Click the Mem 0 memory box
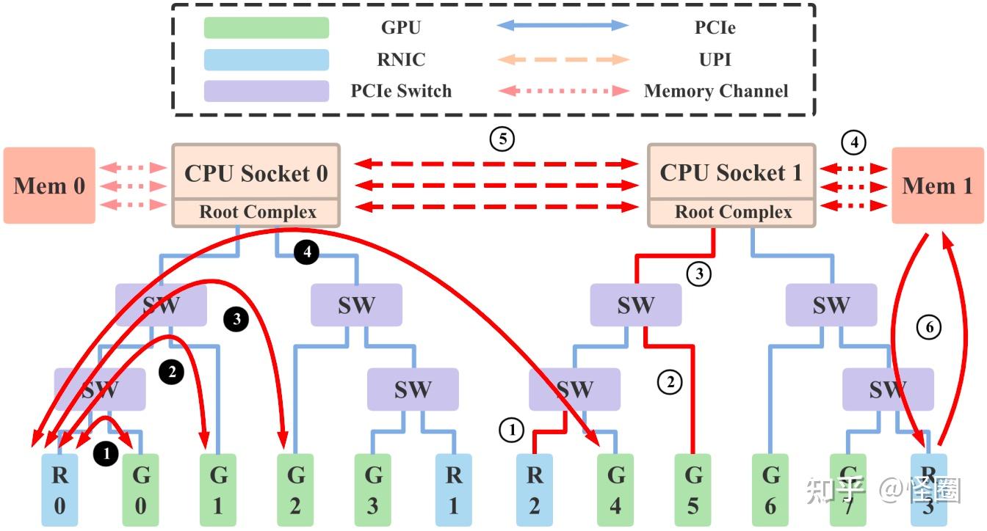point(49,186)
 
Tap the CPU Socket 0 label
point(256,173)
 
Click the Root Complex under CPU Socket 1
point(733,213)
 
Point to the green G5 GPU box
point(693,489)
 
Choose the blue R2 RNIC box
point(535,489)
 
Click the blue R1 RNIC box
point(454,489)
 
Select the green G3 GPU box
point(374,489)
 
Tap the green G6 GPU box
point(770,489)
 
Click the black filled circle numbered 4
point(307,252)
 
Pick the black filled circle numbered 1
point(106,454)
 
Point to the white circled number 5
point(502,139)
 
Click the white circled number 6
point(929,328)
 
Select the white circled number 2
point(670,381)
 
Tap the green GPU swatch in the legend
point(266,28)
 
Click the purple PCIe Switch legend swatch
point(266,91)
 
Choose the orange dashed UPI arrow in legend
point(563,59)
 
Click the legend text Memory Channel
point(715,91)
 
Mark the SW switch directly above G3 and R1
point(413,389)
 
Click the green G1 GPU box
point(219,489)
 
